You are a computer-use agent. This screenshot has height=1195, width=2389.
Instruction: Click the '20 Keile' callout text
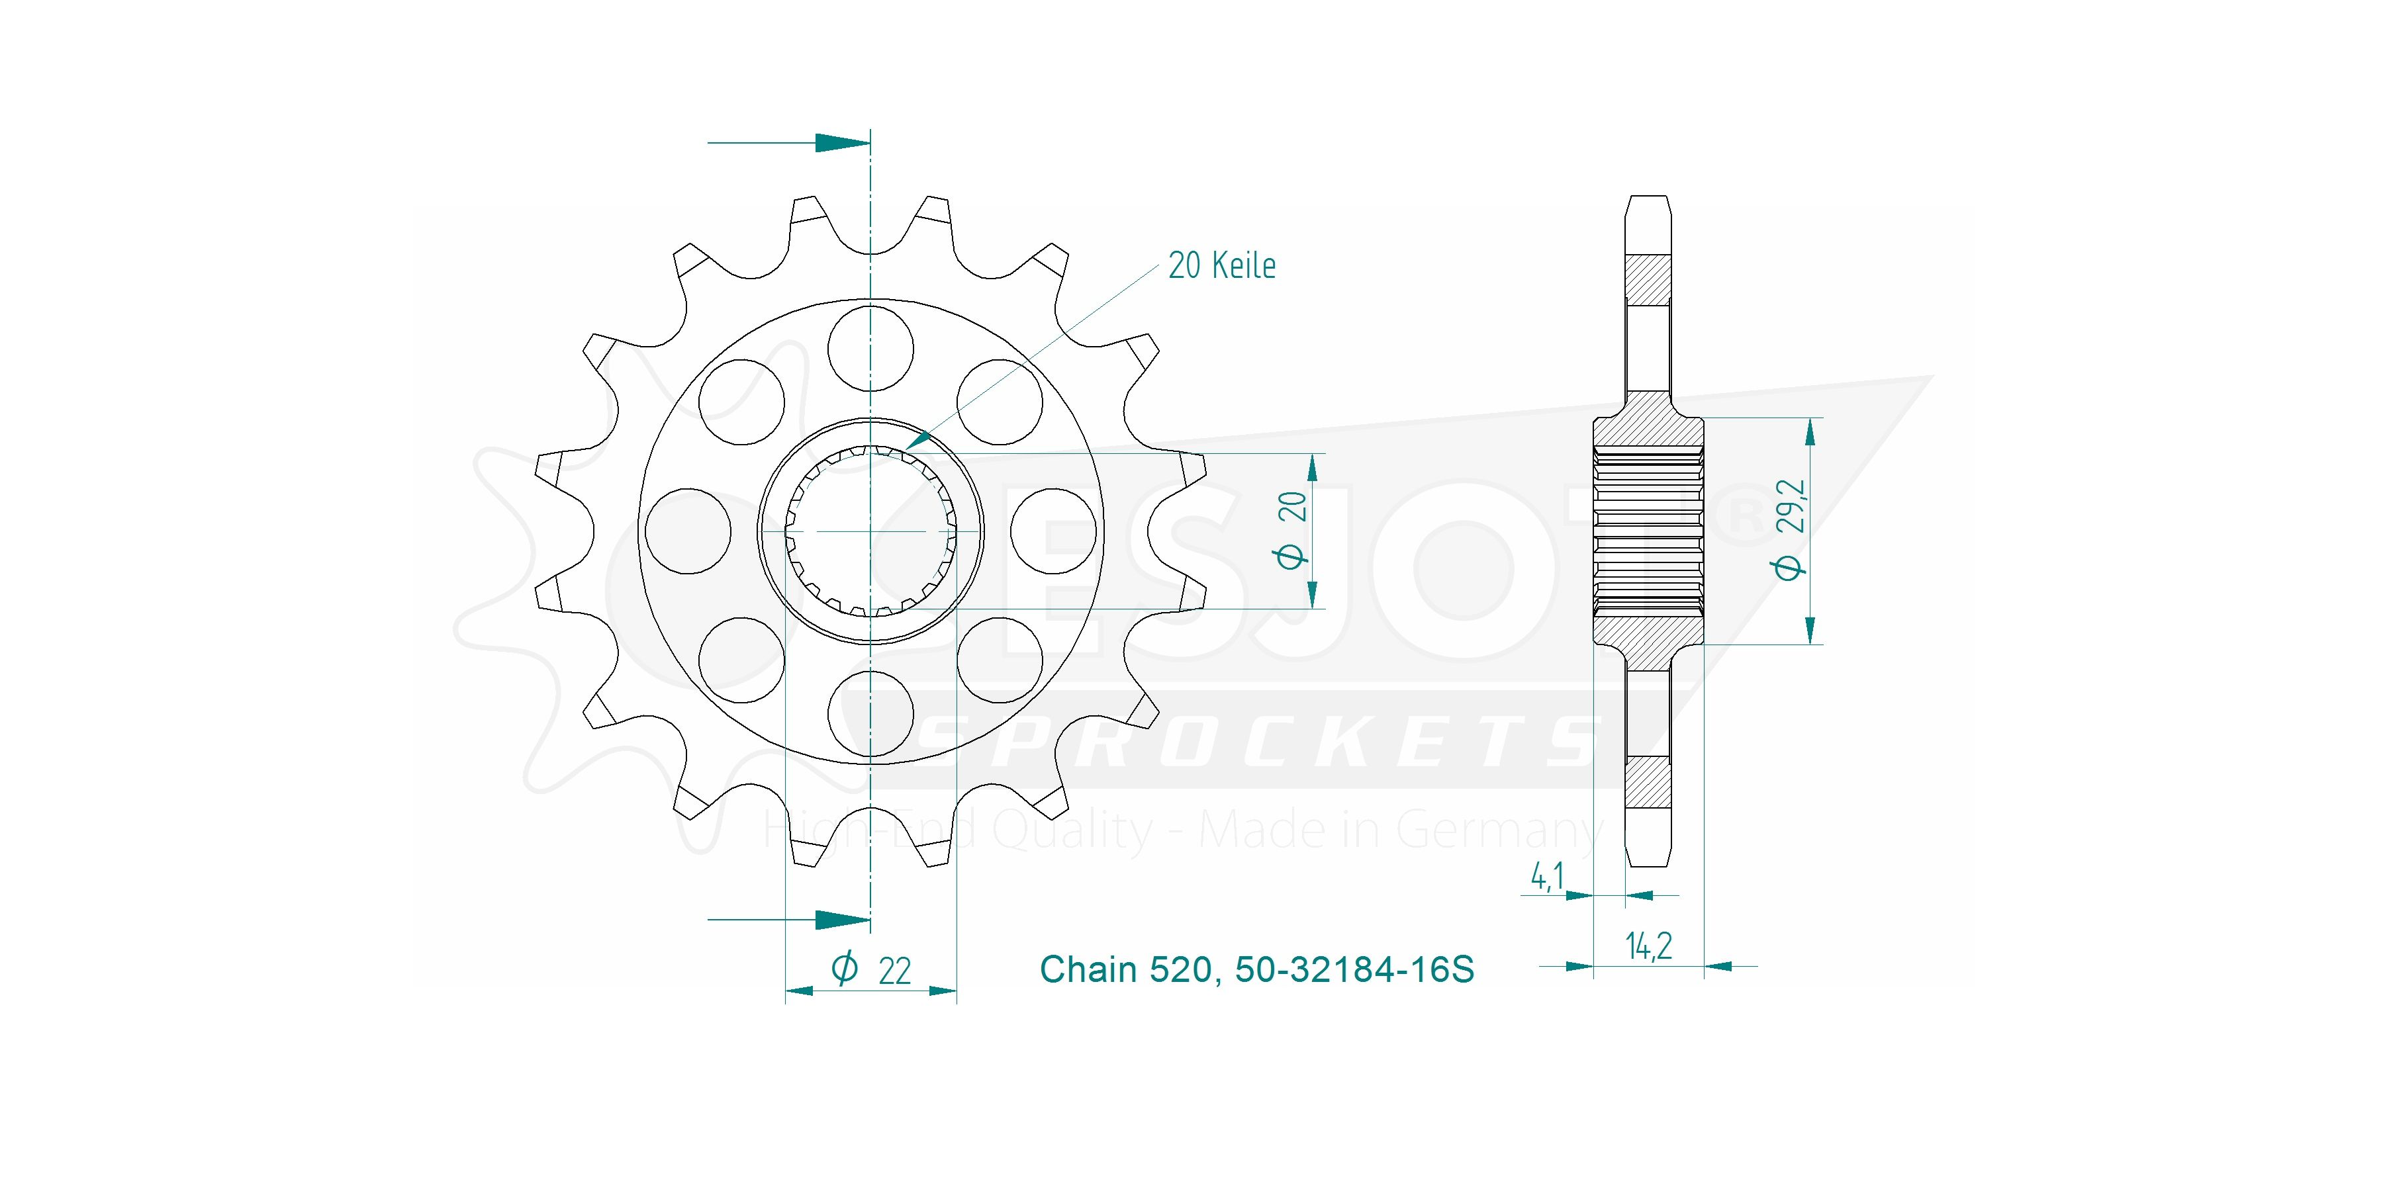[1221, 266]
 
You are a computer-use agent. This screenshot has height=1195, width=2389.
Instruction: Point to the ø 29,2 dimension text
[1790, 529]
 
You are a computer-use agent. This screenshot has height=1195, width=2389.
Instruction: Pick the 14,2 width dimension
[1648, 946]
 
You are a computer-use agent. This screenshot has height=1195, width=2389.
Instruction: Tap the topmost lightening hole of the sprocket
[871, 349]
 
